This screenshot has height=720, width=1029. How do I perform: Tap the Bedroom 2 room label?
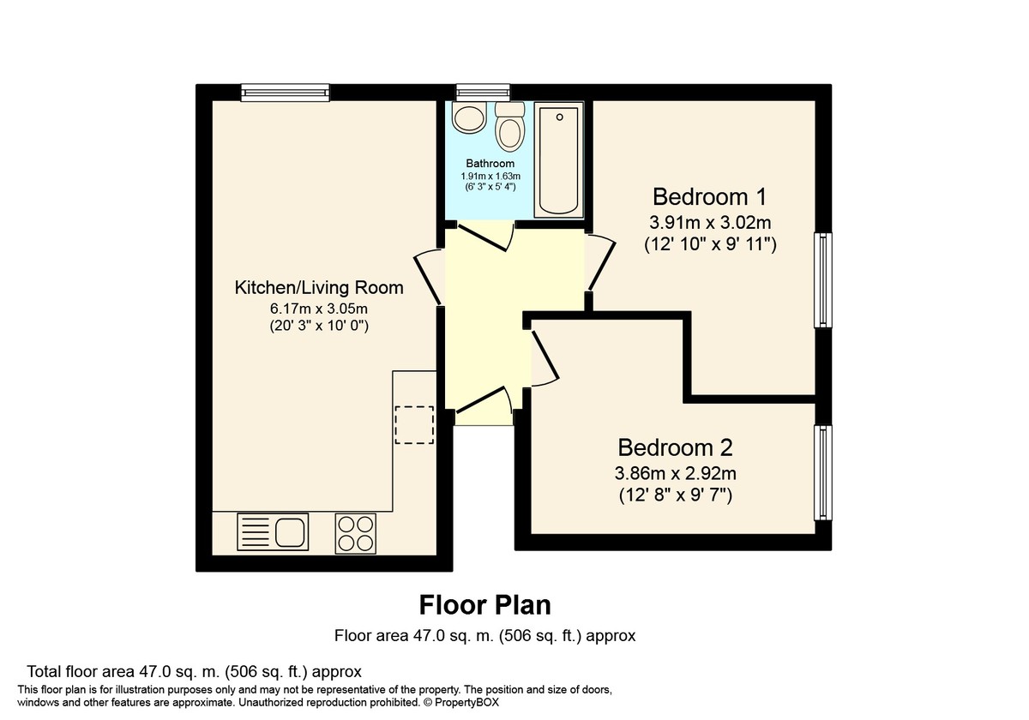pyautogui.click(x=675, y=447)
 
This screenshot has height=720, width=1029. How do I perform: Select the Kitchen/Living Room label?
pyautogui.click(x=319, y=287)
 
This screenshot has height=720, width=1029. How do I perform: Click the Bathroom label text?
pyautogui.click(x=490, y=163)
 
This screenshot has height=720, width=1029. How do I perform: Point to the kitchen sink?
pyautogui.click(x=272, y=531)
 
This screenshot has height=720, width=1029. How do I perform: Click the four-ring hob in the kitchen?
pyautogui.click(x=355, y=531)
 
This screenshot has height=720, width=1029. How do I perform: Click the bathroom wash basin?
pyautogui.click(x=469, y=117)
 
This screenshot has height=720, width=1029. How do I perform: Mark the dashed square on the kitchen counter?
pyautogui.click(x=415, y=424)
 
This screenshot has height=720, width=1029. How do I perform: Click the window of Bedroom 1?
pyautogui.click(x=822, y=279)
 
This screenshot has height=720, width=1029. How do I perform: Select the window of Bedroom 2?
pyautogui.click(x=822, y=472)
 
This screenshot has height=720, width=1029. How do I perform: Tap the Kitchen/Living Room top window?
pyautogui.click(x=285, y=92)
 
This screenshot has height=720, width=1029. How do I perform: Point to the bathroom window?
pyautogui.click(x=483, y=92)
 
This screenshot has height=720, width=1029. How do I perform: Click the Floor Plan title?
pyautogui.click(x=484, y=605)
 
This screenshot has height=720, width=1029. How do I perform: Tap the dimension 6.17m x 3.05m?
pyautogui.click(x=319, y=309)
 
